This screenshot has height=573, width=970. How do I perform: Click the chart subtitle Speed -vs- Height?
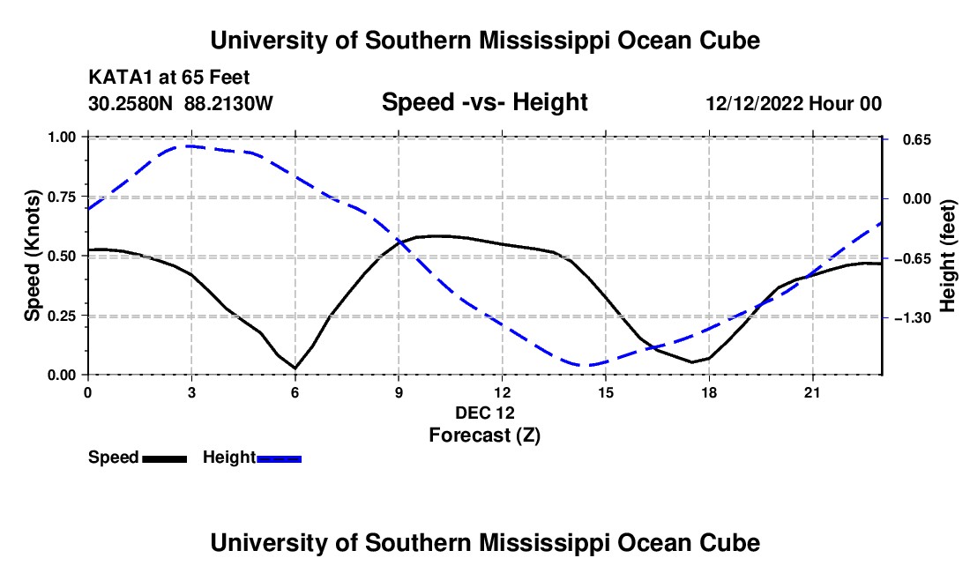point(484,102)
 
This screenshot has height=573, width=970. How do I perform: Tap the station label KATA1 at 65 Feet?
point(169,78)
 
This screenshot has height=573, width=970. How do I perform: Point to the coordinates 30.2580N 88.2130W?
point(180,103)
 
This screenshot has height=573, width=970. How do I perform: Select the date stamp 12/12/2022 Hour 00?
point(794,103)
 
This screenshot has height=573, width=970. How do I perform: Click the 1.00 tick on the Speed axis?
point(61,137)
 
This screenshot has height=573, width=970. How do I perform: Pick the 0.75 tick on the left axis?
point(61,197)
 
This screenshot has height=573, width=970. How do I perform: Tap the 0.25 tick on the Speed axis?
point(61,316)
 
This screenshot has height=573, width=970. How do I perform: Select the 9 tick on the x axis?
point(399,392)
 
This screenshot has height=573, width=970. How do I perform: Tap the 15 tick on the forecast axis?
point(606,392)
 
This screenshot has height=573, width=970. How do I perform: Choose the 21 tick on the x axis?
point(812,392)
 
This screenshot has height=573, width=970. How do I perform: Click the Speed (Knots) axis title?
point(32,256)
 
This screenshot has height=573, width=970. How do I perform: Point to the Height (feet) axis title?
point(948,256)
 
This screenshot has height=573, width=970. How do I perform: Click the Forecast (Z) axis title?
point(484,435)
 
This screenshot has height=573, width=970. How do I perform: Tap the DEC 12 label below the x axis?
point(485,413)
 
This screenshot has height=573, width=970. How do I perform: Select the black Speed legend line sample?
point(165,458)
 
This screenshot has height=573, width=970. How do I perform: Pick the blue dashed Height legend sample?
point(279,458)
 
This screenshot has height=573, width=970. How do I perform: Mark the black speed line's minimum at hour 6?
point(295,368)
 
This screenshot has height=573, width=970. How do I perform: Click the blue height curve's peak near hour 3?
point(189,145)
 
